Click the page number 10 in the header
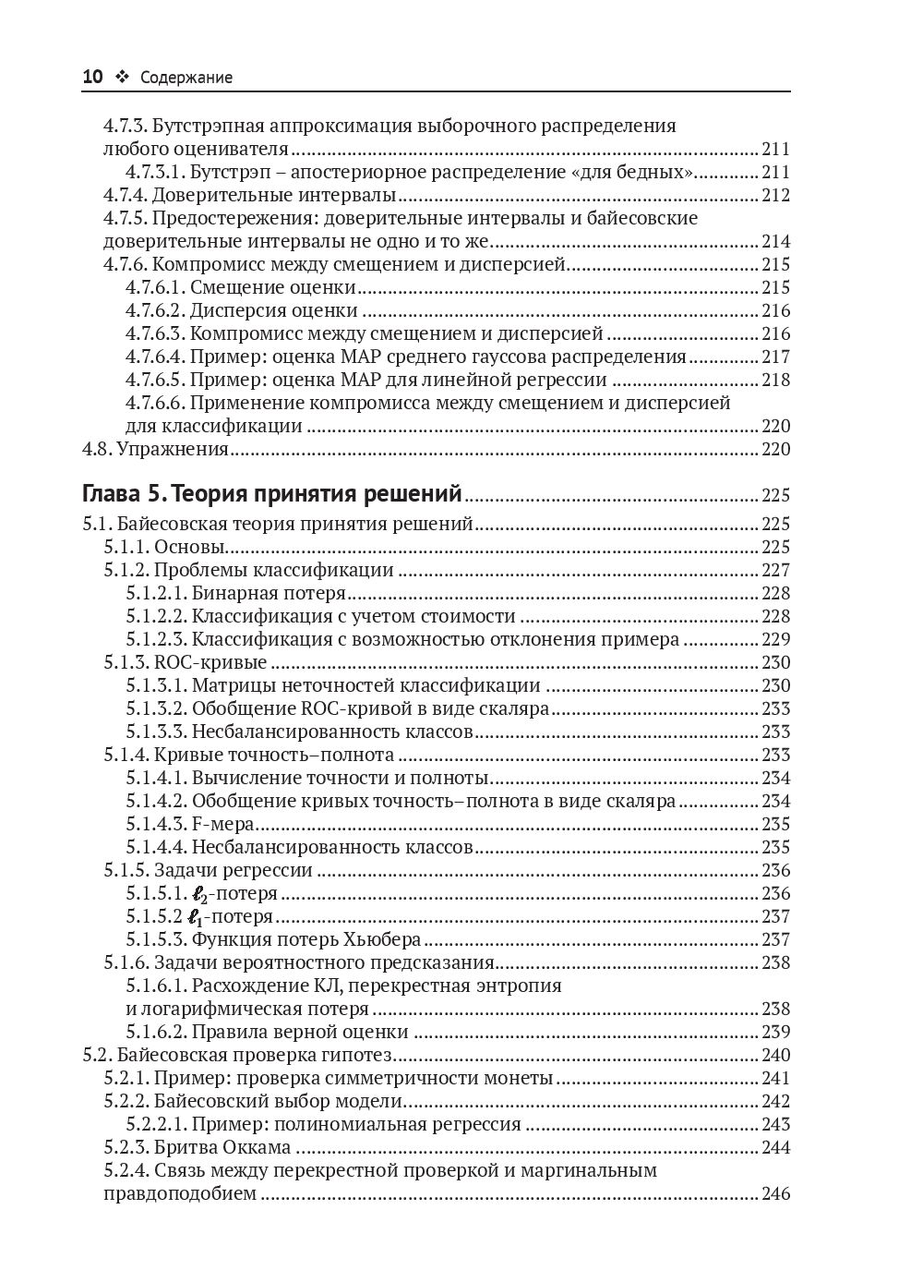tap(93, 78)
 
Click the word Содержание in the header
tap(186, 79)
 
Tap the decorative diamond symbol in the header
tap(122, 78)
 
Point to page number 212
tap(775, 195)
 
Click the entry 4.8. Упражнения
tap(156, 449)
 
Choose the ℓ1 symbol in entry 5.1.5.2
tap(193, 917)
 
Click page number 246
tap(775, 1193)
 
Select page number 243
tap(775, 1124)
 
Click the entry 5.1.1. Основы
tap(165, 547)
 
